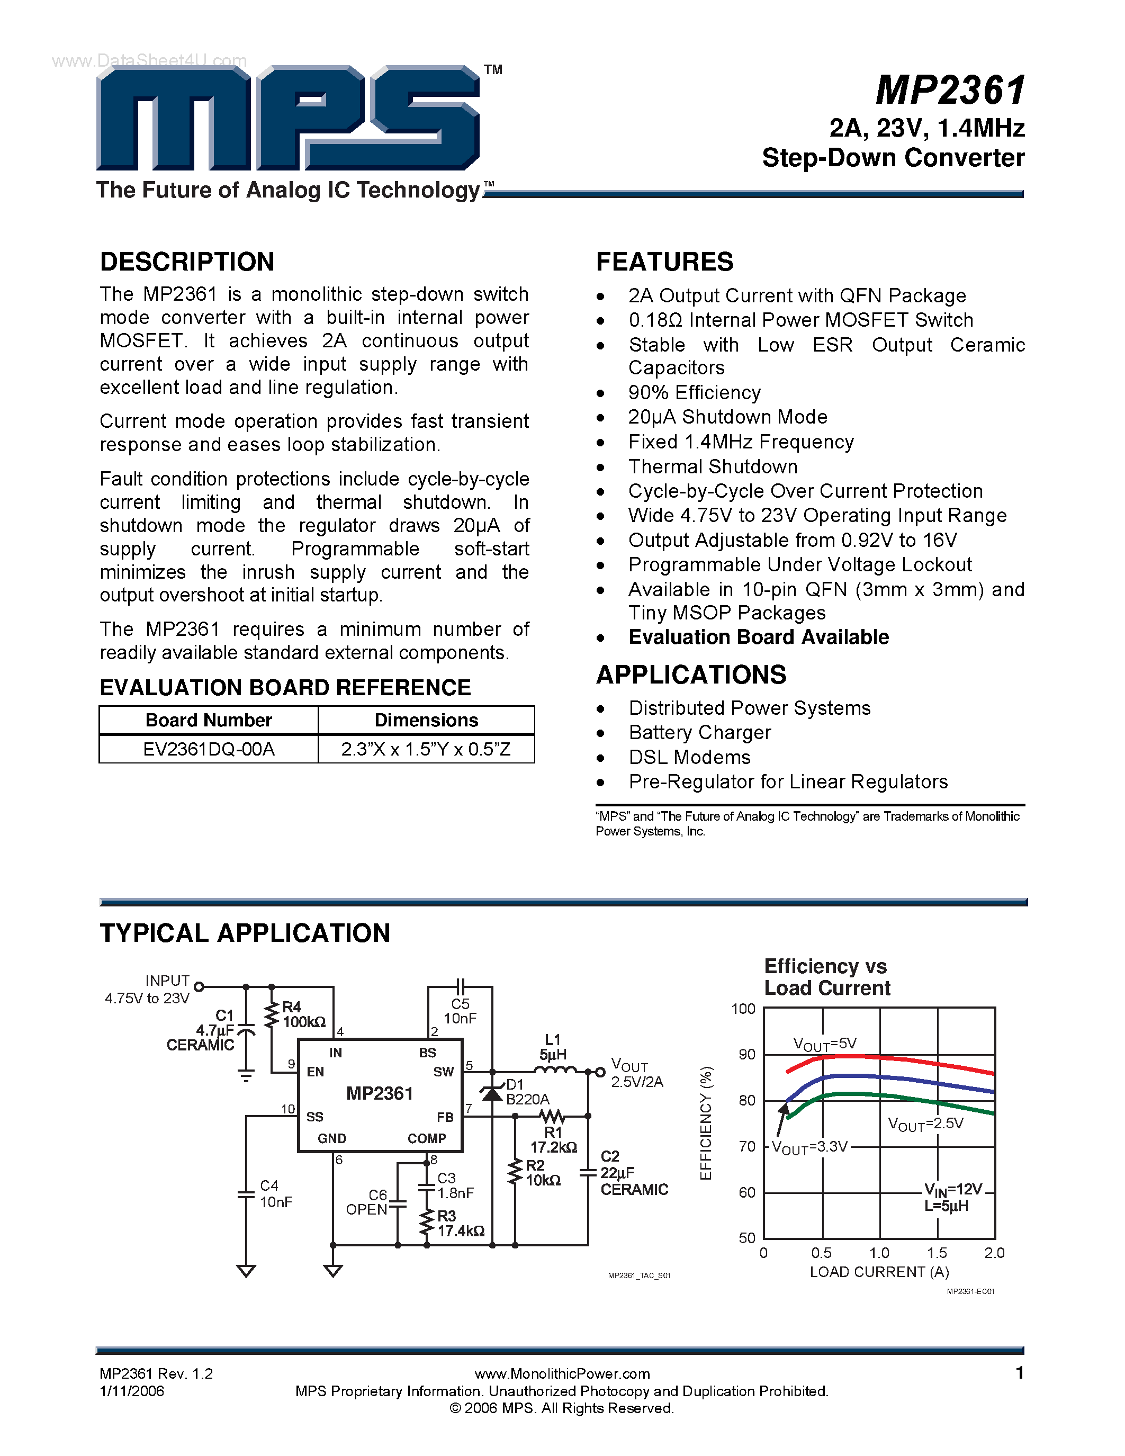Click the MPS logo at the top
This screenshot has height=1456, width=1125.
(288, 118)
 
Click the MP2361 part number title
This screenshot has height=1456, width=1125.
(950, 90)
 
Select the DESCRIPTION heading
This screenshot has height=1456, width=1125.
(187, 262)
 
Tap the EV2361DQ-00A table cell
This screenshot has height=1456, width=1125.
(209, 749)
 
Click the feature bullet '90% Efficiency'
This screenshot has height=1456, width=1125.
(694, 393)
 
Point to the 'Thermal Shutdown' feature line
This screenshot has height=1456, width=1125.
(713, 466)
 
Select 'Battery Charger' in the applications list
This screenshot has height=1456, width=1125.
(699, 733)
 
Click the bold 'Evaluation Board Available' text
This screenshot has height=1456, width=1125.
(759, 637)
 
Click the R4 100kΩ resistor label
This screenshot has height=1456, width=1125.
(303, 1014)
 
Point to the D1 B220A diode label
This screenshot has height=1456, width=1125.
(527, 1092)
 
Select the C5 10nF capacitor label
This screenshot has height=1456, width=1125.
(460, 1011)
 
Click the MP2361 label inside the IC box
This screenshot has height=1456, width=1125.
(379, 1093)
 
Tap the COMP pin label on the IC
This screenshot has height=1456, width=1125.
(427, 1139)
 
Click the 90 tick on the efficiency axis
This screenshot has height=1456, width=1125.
(747, 1055)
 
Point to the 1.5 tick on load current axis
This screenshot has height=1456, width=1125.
(937, 1253)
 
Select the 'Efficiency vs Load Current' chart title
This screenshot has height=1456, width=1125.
(826, 977)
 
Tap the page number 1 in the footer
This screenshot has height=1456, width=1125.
(1019, 1373)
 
